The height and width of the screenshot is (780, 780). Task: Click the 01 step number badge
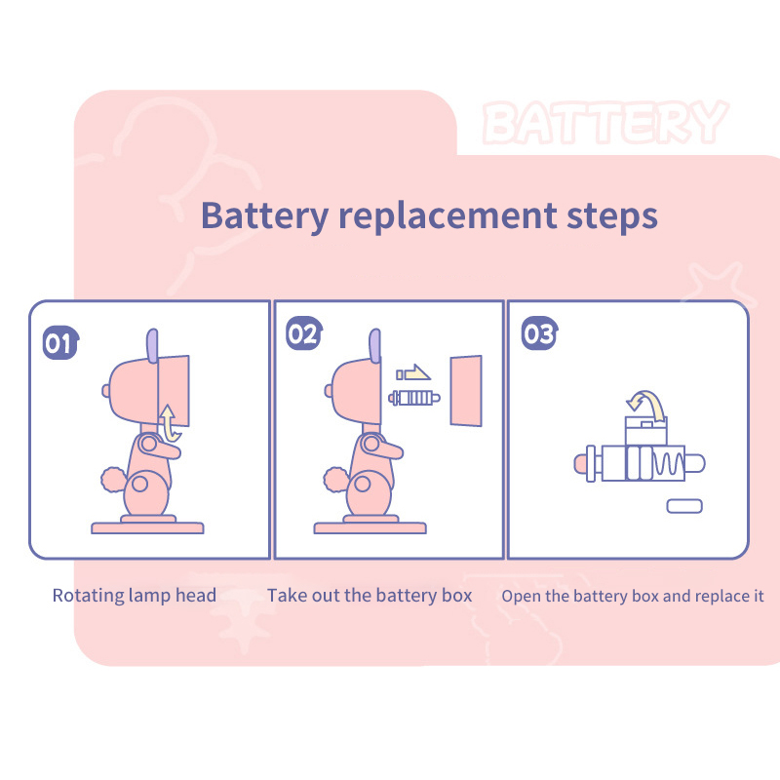coord(60,342)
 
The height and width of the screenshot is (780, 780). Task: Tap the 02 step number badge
coord(304,332)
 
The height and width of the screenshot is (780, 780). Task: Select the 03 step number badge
coord(540,332)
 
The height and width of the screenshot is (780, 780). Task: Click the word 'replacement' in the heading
coord(448,216)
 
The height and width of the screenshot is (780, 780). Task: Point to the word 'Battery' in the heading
coord(264,216)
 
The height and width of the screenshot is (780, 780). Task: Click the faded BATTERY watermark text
coord(604,122)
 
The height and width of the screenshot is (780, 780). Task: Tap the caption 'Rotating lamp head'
coord(135,596)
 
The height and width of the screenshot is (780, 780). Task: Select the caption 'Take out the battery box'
coord(370,596)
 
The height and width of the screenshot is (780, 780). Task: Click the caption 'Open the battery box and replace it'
coord(632,596)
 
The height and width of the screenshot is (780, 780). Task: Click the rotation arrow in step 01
coord(169,423)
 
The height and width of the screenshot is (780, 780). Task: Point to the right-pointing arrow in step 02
coord(413,372)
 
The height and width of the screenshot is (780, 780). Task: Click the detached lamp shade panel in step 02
coord(466,391)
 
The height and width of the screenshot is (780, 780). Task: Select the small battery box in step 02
coord(413,398)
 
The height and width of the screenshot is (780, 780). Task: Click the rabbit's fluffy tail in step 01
coord(114,480)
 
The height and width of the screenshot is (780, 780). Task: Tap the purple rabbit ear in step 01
coord(152,346)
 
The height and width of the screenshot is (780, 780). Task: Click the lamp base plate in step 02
coord(370,527)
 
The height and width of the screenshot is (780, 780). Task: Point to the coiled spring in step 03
coord(669,464)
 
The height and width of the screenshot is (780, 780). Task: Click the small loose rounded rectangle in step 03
coord(684,506)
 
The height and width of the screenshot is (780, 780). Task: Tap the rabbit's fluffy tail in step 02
coord(336,480)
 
